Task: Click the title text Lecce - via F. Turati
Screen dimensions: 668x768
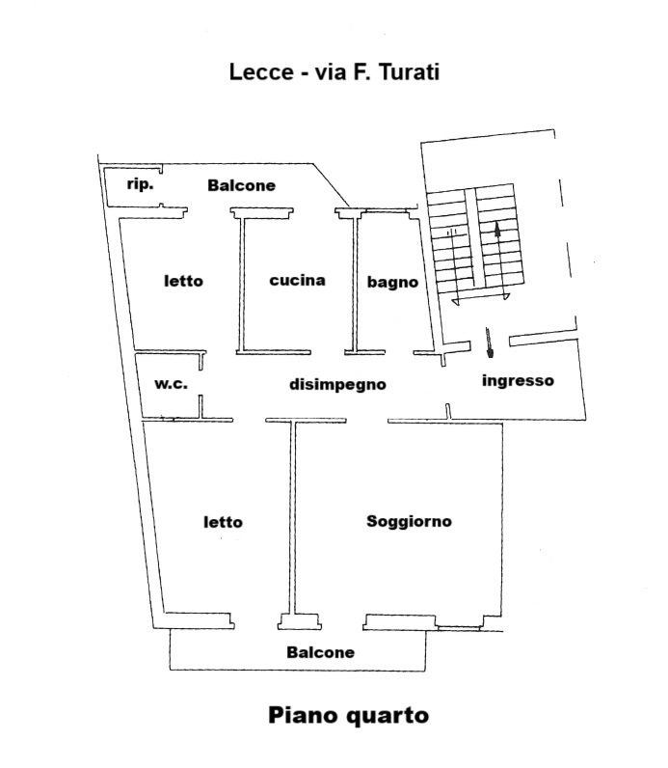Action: [334, 72]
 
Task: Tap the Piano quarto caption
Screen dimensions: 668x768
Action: [348, 716]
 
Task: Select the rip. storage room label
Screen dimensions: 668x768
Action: [140, 184]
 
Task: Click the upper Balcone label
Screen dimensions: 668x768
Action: [241, 185]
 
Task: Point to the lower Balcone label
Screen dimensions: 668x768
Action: [321, 652]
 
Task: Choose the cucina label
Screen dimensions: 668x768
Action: [298, 280]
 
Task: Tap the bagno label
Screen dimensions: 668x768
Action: [392, 283]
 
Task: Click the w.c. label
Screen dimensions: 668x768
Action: [171, 383]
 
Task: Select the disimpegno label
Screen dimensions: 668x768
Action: [337, 385]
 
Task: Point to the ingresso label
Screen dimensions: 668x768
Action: [518, 381]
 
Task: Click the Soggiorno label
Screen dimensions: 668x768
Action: [409, 522]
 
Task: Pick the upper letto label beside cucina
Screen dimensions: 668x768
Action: [183, 281]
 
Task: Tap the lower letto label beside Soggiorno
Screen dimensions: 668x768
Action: [224, 522]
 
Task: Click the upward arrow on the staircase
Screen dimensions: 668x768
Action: [499, 260]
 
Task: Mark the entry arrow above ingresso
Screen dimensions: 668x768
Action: [490, 343]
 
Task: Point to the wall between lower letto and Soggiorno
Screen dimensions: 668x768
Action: [293, 518]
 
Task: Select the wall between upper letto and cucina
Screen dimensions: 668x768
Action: [241, 284]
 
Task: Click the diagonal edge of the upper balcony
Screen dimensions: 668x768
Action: [331, 184]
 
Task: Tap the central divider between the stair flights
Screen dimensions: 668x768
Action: [469, 237]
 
